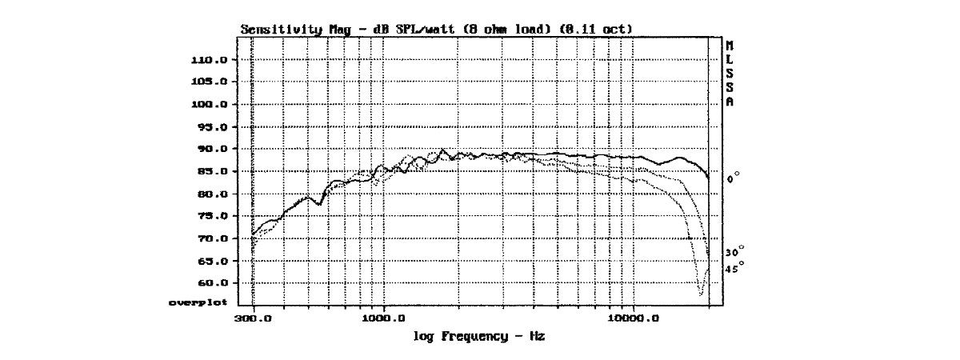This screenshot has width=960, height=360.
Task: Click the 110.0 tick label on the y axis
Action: [x=209, y=60]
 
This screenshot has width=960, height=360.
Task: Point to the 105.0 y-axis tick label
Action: [x=209, y=82]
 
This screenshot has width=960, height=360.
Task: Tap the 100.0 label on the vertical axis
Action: [x=209, y=105]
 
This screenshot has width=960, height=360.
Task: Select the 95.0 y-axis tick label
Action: [x=213, y=127]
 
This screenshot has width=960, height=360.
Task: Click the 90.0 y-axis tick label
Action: [x=213, y=149]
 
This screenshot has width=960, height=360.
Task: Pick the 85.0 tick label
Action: [x=213, y=172]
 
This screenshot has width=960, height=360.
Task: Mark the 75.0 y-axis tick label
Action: [x=213, y=216]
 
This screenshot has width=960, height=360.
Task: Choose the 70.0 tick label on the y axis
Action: [x=213, y=238]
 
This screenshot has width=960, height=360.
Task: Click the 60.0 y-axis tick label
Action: [x=213, y=283]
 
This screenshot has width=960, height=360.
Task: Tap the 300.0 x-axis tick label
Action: [x=253, y=318]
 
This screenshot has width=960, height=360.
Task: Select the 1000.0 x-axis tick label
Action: [x=383, y=318]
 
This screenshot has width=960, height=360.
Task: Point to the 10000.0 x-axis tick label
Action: [x=634, y=318]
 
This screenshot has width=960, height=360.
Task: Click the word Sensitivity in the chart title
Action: [x=281, y=30]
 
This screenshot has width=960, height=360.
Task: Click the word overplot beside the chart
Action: [x=198, y=303]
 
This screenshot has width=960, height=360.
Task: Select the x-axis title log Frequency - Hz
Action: [x=479, y=337]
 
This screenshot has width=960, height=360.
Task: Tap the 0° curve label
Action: [x=733, y=178]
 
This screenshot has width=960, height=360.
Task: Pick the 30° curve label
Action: [x=734, y=251]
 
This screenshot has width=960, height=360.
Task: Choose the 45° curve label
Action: [x=734, y=268]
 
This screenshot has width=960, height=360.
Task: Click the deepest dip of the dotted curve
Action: [x=701, y=295]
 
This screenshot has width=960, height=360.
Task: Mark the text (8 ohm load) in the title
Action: [x=507, y=30]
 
